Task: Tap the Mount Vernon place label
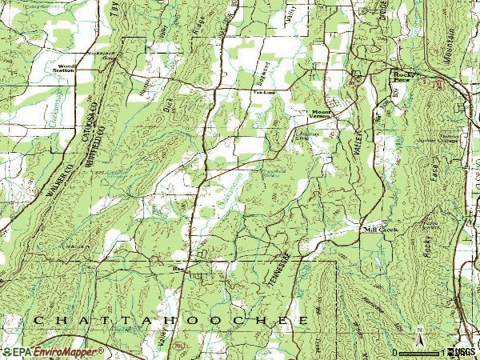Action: (320, 114)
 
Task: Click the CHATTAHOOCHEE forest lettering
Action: (171, 320)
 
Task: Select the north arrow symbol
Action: (418, 330)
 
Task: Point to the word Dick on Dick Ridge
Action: (167, 101)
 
